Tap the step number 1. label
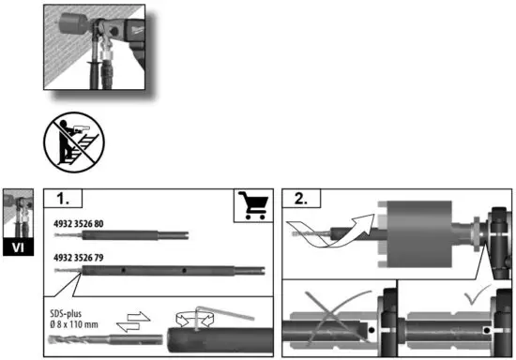68,199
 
